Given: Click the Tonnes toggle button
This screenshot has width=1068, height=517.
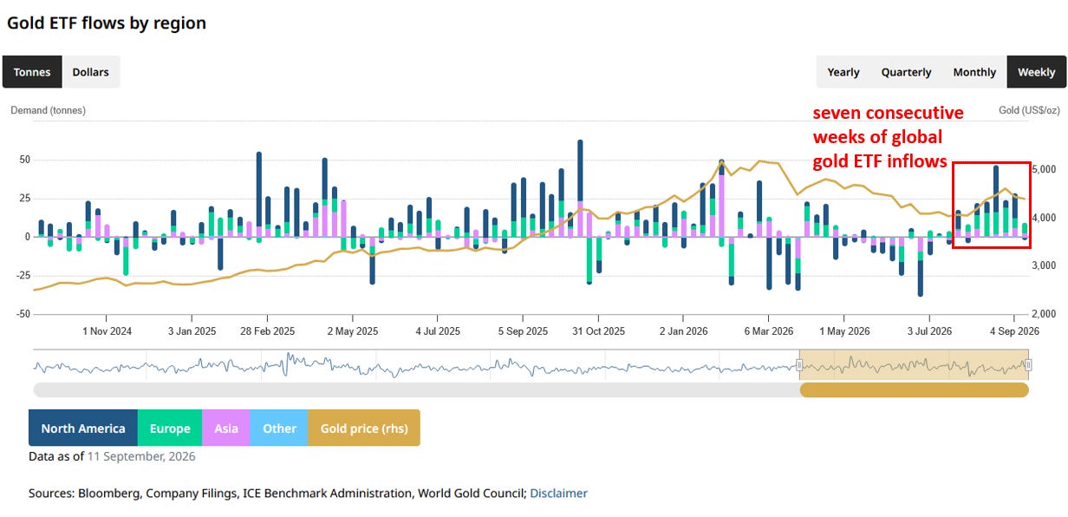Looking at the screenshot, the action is tap(32, 72).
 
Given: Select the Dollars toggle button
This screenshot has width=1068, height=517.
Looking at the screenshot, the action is tap(90, 72).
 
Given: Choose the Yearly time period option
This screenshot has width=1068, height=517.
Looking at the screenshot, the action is tap(843, 72).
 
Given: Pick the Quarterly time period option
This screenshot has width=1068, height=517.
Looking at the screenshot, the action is tap(906, 72).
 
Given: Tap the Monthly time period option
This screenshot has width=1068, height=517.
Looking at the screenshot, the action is tap(974, 72).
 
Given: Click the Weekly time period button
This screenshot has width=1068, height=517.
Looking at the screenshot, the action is tap(1037, 72).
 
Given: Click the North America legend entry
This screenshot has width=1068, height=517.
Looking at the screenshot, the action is tap(83, 429).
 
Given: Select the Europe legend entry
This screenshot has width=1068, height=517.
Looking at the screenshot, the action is tap(170, 429).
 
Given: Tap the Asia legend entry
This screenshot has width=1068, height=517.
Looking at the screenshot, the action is tap(226, 429).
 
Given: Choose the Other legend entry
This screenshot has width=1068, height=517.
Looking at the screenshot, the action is tap(279, 429).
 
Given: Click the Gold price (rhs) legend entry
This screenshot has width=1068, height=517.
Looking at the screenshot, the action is tap(364, 429).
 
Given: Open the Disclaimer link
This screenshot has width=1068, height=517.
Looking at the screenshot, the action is tap(558, 494).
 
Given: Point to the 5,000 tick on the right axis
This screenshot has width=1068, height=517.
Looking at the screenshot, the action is tap(1044, 169).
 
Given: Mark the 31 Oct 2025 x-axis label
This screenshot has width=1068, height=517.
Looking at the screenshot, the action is tap(598, 331).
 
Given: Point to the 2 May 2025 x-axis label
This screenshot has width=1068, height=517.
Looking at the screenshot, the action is tap(352, 331).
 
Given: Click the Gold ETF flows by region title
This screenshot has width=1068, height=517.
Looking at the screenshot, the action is tap(107, 23).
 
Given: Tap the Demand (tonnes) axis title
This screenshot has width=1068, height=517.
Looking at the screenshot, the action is tap(49, 110).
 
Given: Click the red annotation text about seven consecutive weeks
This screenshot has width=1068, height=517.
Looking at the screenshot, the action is tap(888, 137).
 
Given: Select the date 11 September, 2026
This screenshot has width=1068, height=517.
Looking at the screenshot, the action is tap(141, 456).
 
